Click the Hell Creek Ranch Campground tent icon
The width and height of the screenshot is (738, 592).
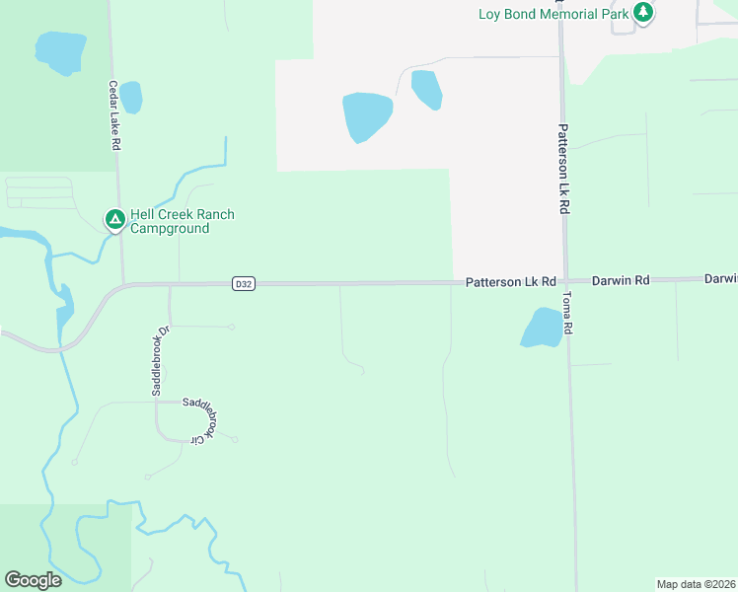point(114,219)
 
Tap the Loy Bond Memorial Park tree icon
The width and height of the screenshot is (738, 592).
point(643,13)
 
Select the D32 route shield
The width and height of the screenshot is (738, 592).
point(245,284)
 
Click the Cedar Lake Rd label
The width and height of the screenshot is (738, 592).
point(114,114)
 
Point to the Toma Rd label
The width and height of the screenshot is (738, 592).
point(567,312)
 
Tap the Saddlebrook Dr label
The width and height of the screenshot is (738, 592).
point(156,359)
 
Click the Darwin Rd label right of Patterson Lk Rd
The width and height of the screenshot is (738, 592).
point(621,281)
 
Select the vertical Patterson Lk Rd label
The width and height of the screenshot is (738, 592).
point(563,169)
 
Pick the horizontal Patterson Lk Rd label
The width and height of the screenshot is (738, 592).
point(511,282)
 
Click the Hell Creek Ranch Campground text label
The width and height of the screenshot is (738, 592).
point(183,221)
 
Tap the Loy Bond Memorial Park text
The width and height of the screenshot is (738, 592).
point(553,14)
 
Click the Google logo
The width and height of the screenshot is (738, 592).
point(33,580)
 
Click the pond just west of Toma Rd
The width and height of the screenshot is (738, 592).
point(542,328)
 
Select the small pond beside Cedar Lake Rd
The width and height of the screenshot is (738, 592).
point(130,97)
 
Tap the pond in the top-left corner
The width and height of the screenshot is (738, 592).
point(59,51)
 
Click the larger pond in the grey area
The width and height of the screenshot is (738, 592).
point(367,116)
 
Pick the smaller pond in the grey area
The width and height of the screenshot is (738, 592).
point(426,89)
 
